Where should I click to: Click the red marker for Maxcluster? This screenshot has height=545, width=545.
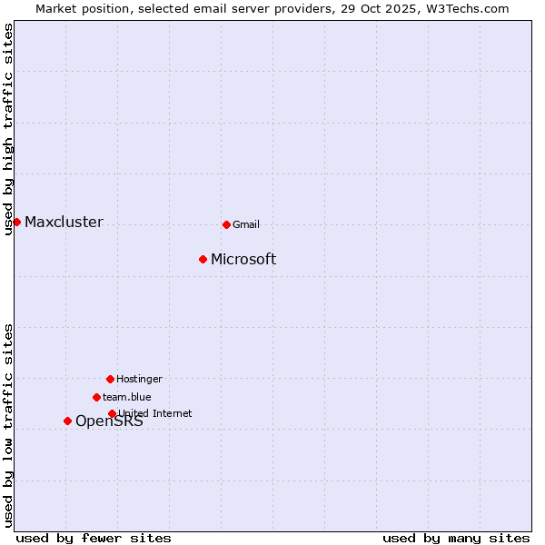point(16,222)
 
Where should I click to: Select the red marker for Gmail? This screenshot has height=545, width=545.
point(226,224)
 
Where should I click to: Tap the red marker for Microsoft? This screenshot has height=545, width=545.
point(203,259)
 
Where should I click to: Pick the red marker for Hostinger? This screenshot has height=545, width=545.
point(110,379)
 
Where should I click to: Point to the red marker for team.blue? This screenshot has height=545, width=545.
point(96,397)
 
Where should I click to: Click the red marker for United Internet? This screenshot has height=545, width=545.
point(112,413)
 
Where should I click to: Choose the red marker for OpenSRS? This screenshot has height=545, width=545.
point(67,421)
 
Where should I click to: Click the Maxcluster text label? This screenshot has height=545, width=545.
point(64,223)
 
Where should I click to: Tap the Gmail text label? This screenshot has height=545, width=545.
point(246,225)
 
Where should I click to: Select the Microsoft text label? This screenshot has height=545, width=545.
point(243,260)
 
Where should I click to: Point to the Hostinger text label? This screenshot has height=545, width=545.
point(139,380)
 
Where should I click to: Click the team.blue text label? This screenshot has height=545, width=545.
point(127,398)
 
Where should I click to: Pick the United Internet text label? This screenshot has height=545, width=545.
point(155,414)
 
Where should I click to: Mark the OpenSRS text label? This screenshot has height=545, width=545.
point(109,421)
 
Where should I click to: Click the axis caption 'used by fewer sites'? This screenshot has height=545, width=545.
point(94,538)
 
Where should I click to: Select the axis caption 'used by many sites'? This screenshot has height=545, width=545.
point(456,538)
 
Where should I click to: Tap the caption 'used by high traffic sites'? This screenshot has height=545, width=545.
point(9,129)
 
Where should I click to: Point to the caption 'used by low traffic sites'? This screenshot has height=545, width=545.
point(9,425)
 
